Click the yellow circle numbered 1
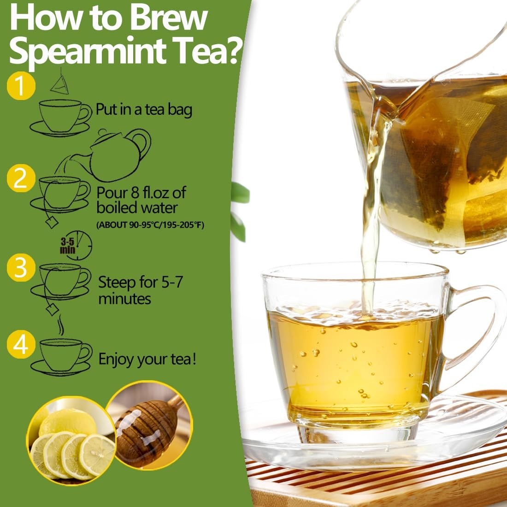click(x=21, y=86)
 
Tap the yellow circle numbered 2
click(x=21, y=178)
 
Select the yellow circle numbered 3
click(x=21, y=267)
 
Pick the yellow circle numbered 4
click(x=21, y=344)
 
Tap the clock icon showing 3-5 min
click(x=77, y=245)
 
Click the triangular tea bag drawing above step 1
click(x=60, y=84)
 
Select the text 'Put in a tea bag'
click(x=144, y=110)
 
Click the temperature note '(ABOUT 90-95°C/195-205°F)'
click(x=150, y=225)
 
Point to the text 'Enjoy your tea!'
click(x=147, y=360)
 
